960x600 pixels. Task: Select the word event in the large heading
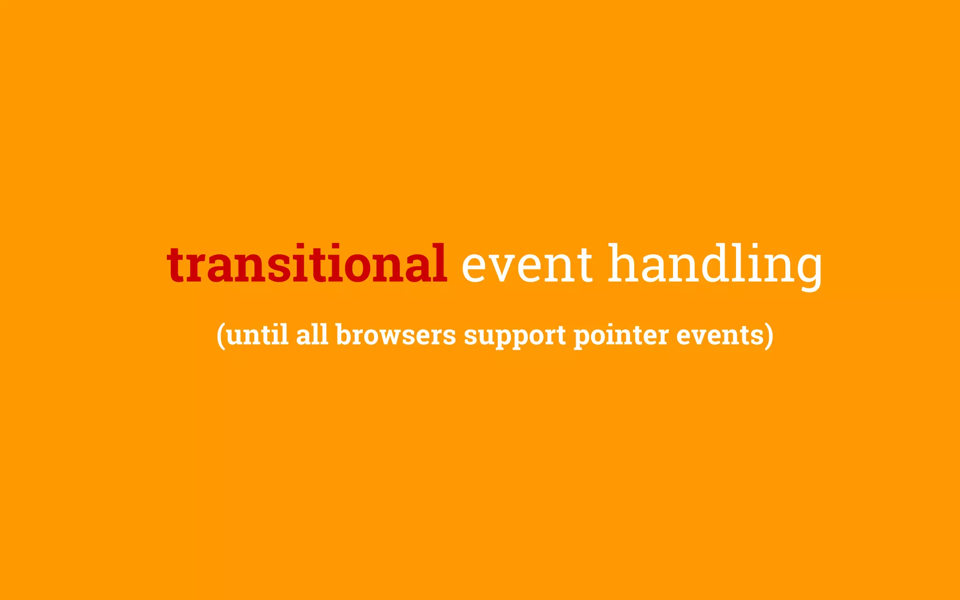click(527, 265)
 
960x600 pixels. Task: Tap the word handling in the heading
click(715, 265)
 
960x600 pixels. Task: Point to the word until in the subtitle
click(257, 335)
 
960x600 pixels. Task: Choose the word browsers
click(396, 335)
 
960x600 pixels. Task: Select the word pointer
click(621, 336)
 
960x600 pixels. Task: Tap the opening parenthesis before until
click(221, 336)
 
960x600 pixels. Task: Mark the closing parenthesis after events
click(769, 336)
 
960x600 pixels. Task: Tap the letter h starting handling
click(624, 262)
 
